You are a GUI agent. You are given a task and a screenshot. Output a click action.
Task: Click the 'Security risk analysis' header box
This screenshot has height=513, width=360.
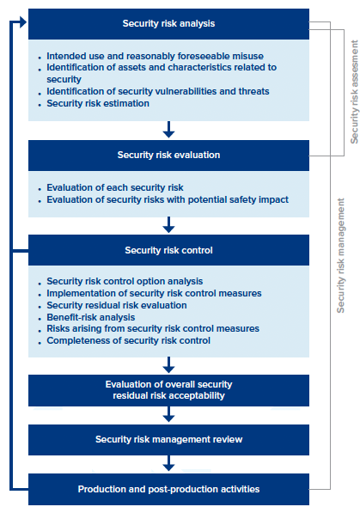coord(168,24)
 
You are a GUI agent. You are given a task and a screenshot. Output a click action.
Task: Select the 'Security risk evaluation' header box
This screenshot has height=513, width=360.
coord(168,156)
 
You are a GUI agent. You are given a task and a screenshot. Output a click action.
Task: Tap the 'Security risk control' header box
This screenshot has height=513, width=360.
coord(168,251)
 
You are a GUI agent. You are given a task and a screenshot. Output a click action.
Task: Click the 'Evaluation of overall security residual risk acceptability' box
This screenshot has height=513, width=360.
coord(168,390)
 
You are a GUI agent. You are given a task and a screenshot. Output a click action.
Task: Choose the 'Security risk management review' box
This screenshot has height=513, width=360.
coord(168,440)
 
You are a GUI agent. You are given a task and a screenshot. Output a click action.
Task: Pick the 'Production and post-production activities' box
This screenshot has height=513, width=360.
coord(168,489)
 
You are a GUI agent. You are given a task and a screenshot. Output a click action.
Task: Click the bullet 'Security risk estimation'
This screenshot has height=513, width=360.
coord(98,103)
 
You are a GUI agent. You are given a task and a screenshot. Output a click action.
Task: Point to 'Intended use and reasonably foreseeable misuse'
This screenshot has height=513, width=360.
coord(155,56)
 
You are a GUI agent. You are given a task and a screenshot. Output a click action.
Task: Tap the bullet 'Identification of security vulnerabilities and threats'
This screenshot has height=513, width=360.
coord(157,91)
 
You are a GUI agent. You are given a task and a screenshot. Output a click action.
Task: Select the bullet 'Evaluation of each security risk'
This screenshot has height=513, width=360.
coord(115,187)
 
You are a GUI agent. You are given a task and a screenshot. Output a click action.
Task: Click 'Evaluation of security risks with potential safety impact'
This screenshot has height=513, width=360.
coord(168,199)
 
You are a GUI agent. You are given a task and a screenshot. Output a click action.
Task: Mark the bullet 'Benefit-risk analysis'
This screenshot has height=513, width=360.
coord(92,317)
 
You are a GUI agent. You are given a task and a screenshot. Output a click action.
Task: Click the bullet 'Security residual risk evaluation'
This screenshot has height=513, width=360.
coord(117,305)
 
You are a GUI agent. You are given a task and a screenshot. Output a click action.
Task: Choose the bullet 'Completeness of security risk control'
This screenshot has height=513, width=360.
coord(129,340)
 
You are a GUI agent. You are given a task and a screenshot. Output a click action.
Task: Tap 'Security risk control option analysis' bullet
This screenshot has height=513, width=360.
coord(125,281)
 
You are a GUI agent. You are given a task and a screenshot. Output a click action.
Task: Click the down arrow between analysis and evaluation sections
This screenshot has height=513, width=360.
coord(168,130)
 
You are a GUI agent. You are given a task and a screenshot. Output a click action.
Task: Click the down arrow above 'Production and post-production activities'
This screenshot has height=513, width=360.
coord(168,464)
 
